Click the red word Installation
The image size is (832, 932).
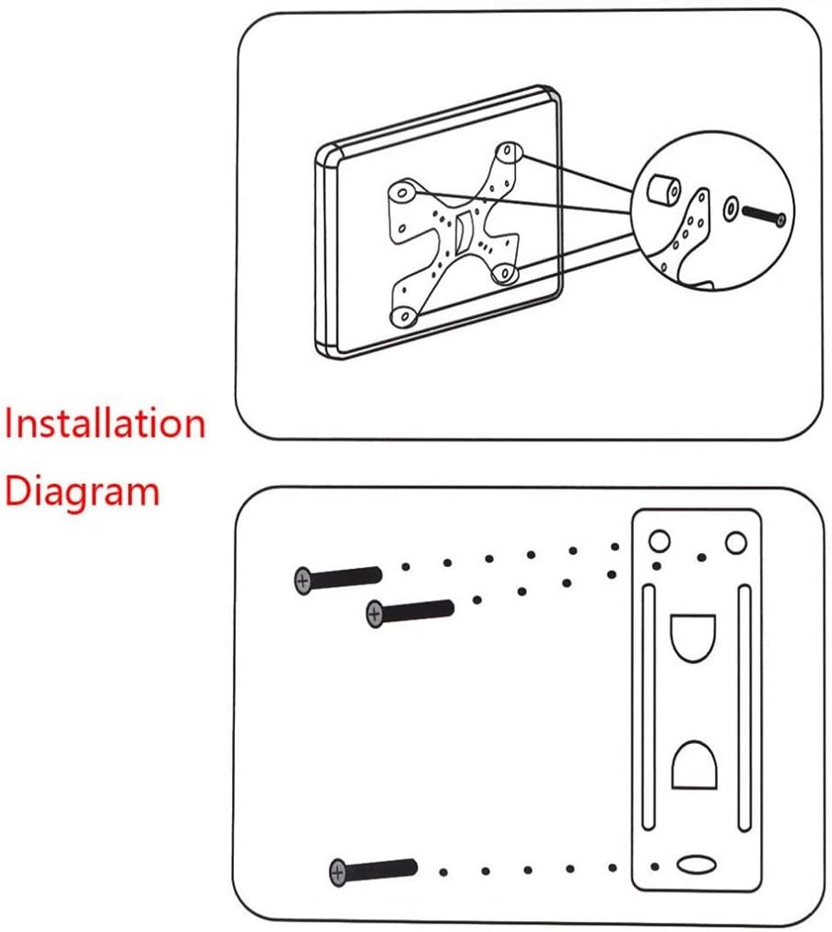tap(103, 424)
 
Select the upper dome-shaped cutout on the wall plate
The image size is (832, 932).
tap(696, 637)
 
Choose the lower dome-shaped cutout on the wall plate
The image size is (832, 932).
tap(696, 764)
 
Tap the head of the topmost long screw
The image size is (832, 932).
tap(302, 580)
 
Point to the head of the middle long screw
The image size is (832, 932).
tap(375, 613)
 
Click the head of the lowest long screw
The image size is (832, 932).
tap(338, 870)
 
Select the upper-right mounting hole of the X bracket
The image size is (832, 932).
tap(507, 152)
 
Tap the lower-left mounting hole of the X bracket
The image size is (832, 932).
tap(403, 316)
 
